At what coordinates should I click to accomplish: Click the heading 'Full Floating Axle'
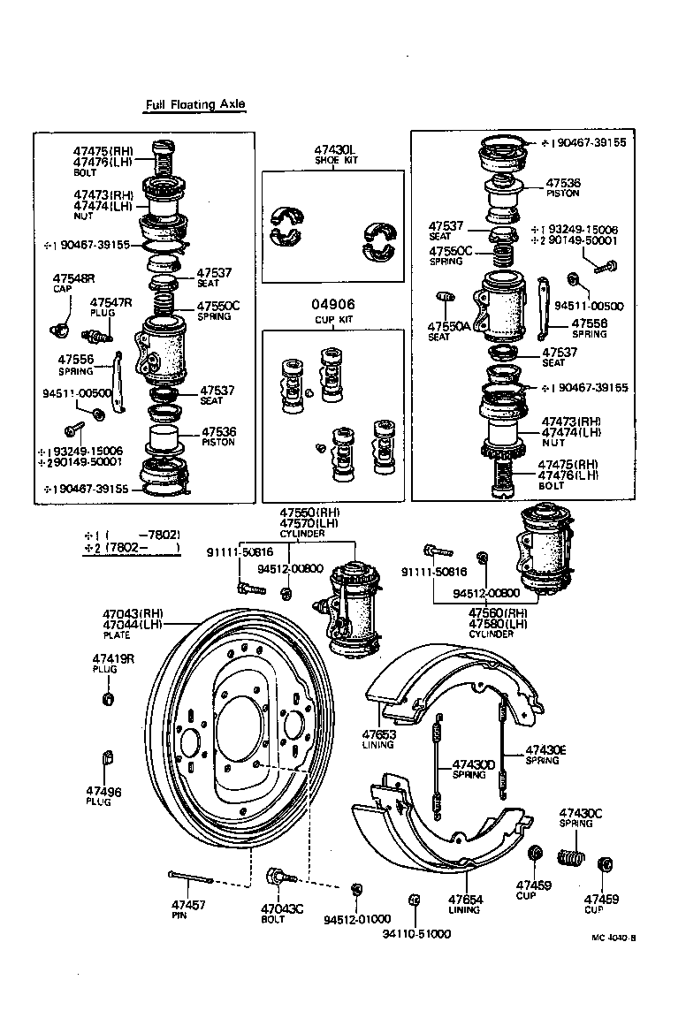(195, 105)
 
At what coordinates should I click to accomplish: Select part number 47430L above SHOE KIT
(333, 150)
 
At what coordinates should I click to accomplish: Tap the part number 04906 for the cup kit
(334, 305)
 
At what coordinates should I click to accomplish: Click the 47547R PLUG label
(111, 307)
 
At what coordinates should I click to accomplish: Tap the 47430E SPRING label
(545, 754)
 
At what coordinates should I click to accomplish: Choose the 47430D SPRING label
(469, 769)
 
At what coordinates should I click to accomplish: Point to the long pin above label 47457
(190, 878)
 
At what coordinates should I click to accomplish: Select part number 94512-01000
(357, 919)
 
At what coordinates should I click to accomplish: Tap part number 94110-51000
(416, 933)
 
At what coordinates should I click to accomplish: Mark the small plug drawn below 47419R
(108, 701)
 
